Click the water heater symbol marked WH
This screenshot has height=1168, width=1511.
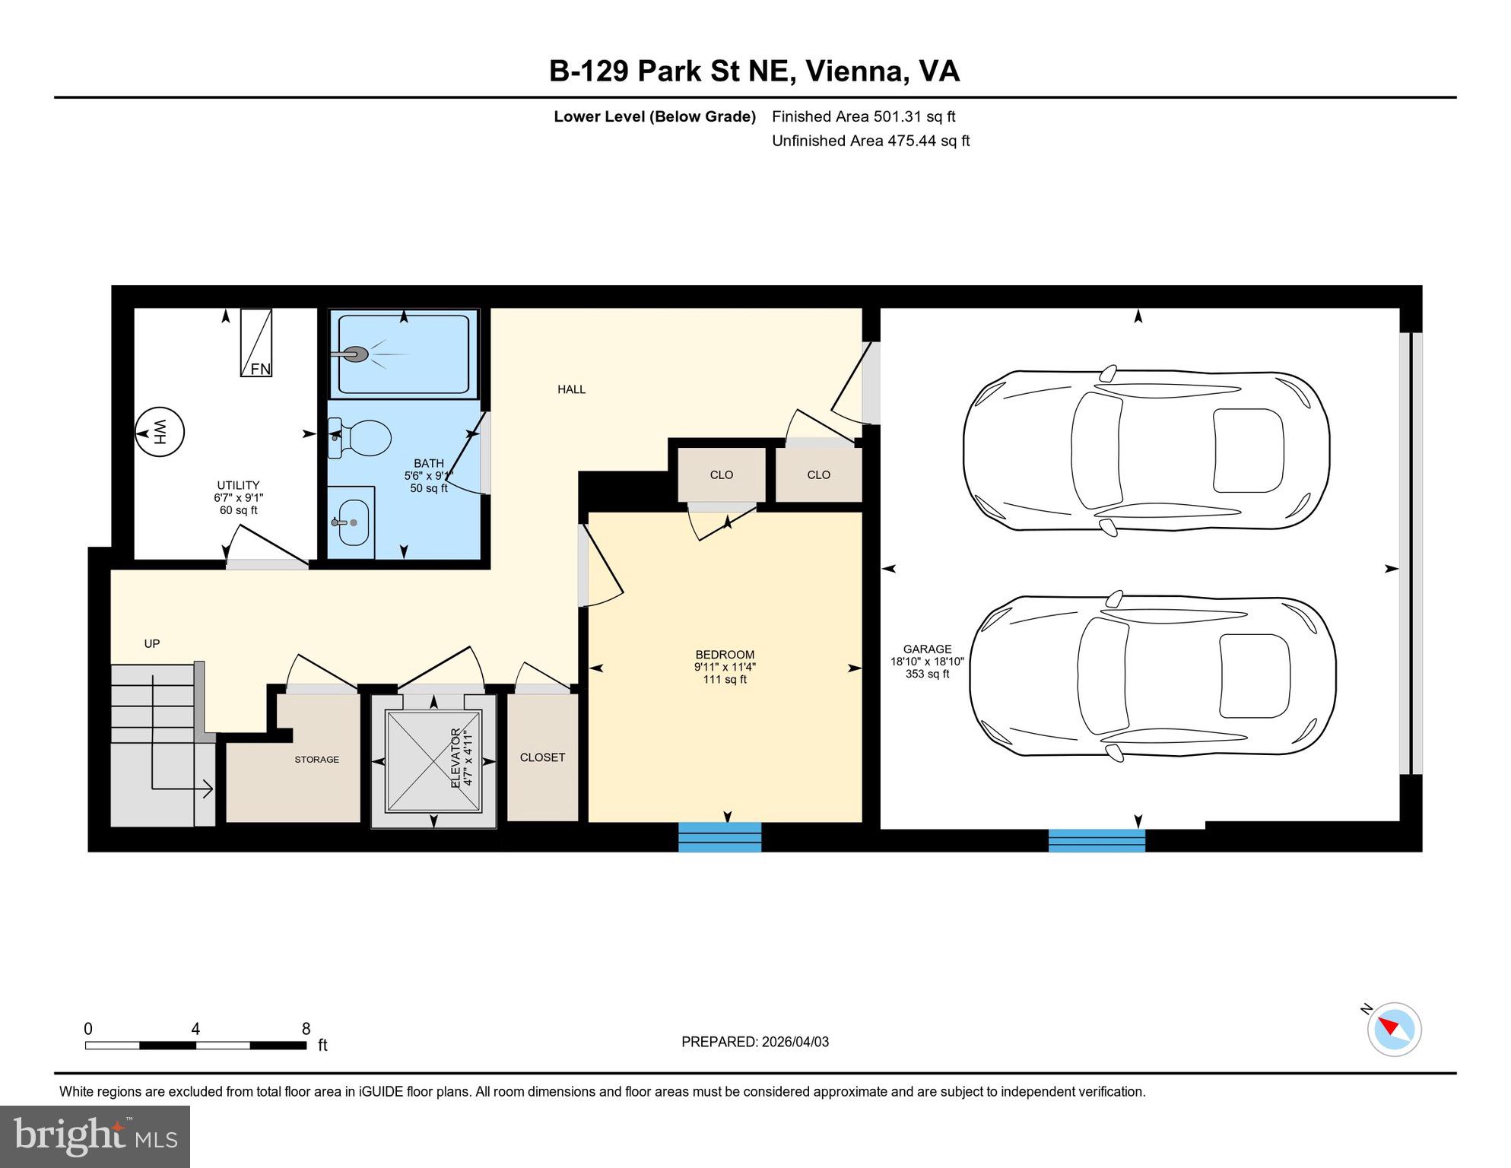(x=160, y=433)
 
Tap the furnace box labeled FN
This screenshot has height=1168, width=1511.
(x=256, y=343)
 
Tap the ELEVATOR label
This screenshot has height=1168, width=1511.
(x=456, y=758)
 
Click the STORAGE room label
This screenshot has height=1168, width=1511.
(x=317, y=760)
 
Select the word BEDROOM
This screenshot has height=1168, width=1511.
(x=725, y=655)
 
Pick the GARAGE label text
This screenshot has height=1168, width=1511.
(x=927, y=649)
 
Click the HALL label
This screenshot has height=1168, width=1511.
(x=571, y=389)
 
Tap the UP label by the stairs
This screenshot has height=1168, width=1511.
(x=152, y=644)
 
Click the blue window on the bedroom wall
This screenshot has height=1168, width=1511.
(x=719, y=837)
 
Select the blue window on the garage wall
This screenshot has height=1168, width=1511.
(x=1097, y=840)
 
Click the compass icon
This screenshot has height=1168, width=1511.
(x=1394, y=1030)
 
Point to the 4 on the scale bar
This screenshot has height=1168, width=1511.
(x=195, y=1029)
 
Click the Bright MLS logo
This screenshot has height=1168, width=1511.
(x=95, y=1137)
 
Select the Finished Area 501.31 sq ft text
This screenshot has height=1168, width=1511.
(x=863, y=116)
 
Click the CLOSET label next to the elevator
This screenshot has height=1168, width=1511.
(x=542, y=757)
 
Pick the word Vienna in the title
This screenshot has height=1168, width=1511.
(x=855, y=71)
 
